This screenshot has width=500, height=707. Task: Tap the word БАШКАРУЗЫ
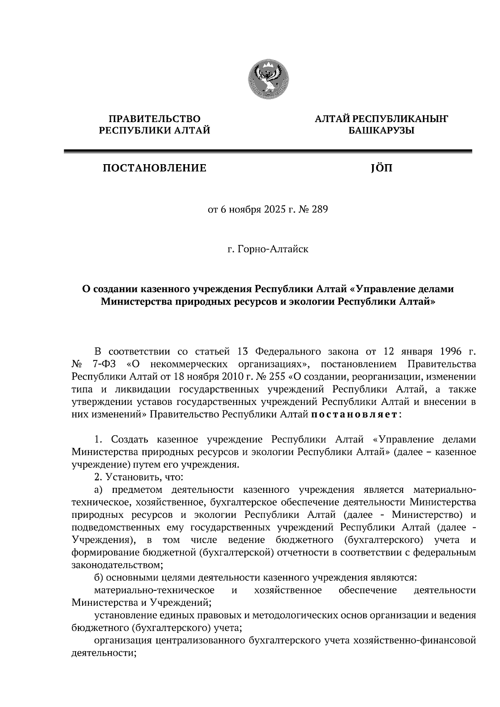coord(381,131)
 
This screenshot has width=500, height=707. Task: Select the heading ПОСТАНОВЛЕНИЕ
coord(155,168)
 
